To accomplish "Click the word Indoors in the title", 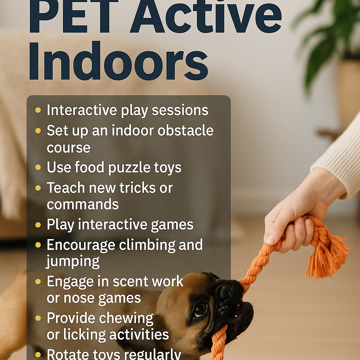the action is [x=118, y=61].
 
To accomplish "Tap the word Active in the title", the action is [x=206, y=17].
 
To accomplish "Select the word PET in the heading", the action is [x=74, y=16].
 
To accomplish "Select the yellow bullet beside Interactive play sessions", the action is [x=38, y=110].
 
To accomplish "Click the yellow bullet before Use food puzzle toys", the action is [x=38, y=167].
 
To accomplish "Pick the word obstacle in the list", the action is [x=186, y=130].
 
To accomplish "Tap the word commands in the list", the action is [x=83, y=204].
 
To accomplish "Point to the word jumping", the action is [x=73, y=262].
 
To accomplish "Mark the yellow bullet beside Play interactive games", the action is [x=38, y=225].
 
